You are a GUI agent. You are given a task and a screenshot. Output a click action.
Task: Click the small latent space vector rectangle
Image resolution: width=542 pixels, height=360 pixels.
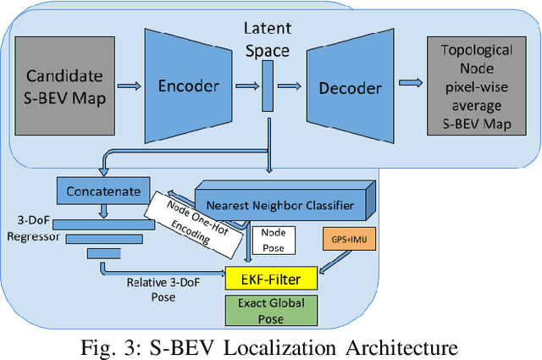268,85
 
